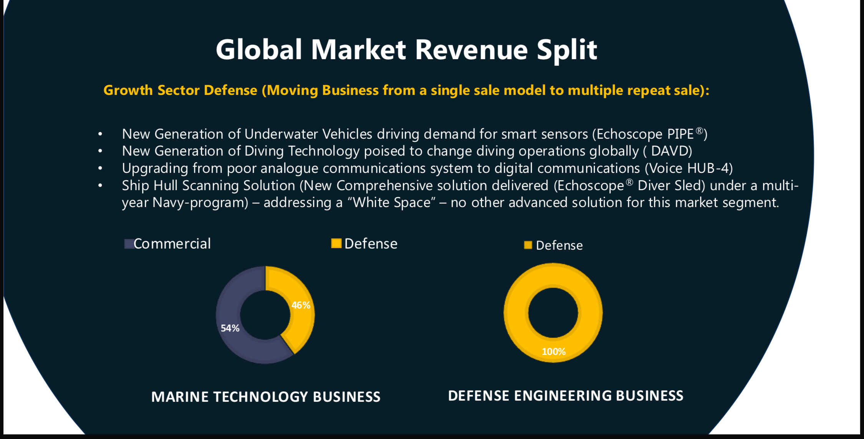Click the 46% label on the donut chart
pos(301,305)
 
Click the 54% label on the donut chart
pos(230,328)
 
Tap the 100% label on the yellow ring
pos(554,352)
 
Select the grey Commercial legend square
pos(129,244)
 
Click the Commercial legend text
pos(172,244)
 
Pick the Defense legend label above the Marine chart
pos(371,244)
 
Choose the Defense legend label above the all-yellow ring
pos(559,245)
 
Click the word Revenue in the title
pos(472,50)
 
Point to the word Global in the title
pos(259,50)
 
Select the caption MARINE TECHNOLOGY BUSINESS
pos(266,397)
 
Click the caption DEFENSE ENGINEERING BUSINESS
pos(566,396)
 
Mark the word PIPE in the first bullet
pos(680,134)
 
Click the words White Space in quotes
pos(392,202)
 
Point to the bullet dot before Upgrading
pos(100,169)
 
